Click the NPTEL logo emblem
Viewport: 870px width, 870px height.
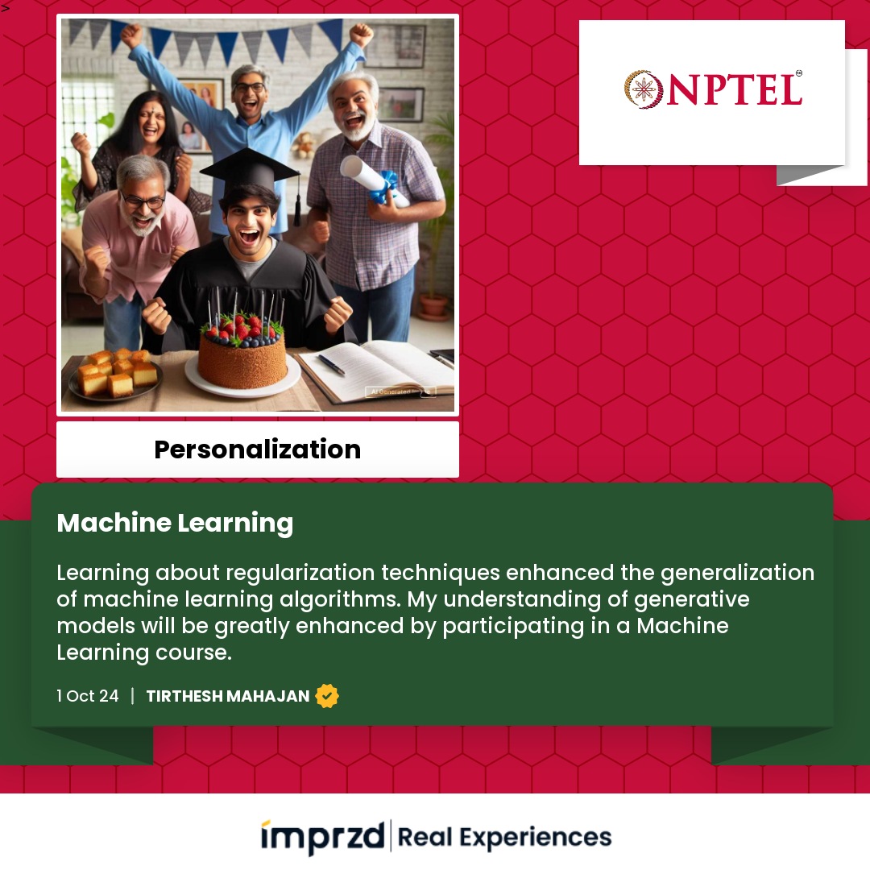(644, 89)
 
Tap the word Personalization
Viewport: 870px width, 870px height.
(258, 449)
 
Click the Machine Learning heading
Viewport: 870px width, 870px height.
(175, 524)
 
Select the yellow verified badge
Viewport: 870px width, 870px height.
(327, 696)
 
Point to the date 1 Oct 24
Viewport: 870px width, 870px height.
(88, 696)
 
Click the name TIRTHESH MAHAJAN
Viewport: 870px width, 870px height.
(227, 696)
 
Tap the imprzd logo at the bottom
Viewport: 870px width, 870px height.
(323, 837)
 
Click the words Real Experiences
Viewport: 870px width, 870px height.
(504, 837)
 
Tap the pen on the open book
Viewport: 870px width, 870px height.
(331, 364)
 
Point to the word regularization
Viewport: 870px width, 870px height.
(300, 574)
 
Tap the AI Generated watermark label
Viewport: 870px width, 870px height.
(400, 391)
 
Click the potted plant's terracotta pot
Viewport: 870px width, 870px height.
(433, 306)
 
